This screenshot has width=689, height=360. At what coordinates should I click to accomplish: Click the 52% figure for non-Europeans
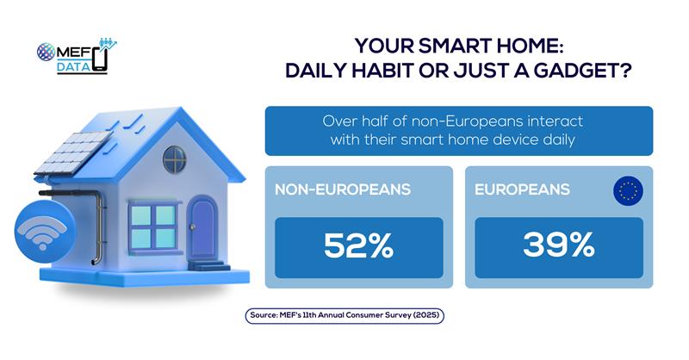click(x=358, y=245)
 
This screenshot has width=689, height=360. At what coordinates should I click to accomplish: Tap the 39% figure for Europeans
click(x=558, y=245)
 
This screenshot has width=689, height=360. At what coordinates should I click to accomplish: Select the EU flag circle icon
click(x=628, y=191)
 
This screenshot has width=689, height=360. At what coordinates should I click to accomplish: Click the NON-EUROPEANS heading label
click(x=343, y=189)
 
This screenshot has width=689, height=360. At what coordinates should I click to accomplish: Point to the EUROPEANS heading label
click(x=522, y=189)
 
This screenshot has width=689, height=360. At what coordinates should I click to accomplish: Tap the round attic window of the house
click(x=175, y=159)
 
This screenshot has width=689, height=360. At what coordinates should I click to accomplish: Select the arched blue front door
click(x=203, y=229)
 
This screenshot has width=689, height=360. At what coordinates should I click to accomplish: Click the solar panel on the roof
click(x=73, y=152)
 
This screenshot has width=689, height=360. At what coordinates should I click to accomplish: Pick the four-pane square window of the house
click(x=154, y=227)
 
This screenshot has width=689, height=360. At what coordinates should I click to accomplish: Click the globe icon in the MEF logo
click(x=46, y=52)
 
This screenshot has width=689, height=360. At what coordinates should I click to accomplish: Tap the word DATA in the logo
click(x=73, y=66)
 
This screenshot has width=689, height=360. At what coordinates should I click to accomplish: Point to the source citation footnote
click(x=344, y=315)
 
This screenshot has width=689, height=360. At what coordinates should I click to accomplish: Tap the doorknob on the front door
click(x=192, y=227)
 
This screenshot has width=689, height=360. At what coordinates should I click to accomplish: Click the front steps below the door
click(x=209, y=265)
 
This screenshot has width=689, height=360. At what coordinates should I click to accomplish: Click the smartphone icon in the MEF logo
click(x=100, y=59)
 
